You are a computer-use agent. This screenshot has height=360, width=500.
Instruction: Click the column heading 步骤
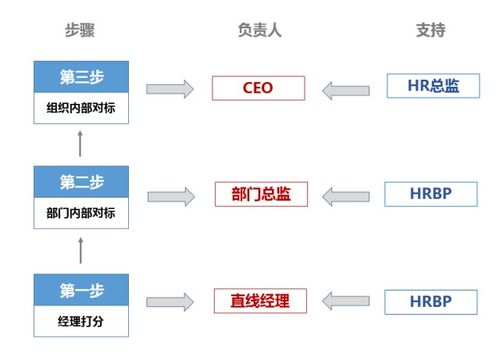coord(80,30)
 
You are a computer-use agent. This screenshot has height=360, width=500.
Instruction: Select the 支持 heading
coord(430,30)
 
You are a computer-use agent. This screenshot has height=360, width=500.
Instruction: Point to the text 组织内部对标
coord(81,108)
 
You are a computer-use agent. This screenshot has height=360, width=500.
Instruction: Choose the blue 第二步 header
coord(81,182)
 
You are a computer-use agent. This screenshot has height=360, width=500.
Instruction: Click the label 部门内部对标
coord(81,213)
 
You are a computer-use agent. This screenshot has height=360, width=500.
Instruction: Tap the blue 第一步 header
coord(81,290)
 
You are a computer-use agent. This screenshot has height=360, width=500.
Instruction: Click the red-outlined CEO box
coord(257,88)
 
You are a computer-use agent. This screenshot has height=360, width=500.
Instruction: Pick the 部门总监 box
coord(257,193)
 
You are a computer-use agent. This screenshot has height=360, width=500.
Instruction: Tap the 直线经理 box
coord(257,298)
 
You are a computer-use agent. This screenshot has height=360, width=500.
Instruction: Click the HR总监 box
coord(431,87)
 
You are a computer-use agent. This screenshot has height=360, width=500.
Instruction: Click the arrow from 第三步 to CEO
coord(169,89)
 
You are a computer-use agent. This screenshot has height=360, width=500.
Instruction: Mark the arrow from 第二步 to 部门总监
coord(169,194)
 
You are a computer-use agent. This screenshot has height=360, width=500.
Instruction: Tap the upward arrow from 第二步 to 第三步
coord(81,146)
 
